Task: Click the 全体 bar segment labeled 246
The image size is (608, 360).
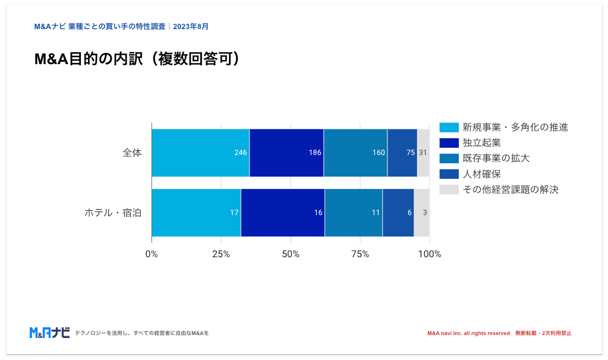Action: coord(200,153)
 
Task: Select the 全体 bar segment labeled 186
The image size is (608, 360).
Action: coord(286,153)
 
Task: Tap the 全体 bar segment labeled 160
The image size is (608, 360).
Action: coord(355,153)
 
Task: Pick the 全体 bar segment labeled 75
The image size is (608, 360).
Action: coord(402,153)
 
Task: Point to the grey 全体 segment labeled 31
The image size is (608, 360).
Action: coord(423,153)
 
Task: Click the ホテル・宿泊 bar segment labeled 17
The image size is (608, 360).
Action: coord(196,213)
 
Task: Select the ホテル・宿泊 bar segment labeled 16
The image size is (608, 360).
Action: coord(283,213)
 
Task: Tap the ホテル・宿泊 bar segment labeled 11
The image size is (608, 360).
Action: coord(354,213)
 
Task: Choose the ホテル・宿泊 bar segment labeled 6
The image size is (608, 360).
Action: coord(398,213)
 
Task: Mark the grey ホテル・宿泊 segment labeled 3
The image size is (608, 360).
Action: coord(421,213)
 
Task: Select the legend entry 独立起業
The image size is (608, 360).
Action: coord(481,143)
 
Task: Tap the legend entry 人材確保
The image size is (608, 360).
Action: coord(481,174)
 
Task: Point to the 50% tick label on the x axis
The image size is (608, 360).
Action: coord(291,254)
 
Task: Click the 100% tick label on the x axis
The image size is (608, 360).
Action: coord(429,254)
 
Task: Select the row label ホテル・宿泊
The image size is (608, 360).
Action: coord(113,213)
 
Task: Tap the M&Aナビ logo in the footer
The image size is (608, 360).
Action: coord(49,333)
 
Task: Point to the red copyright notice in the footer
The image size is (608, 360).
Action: coord(499,333)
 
